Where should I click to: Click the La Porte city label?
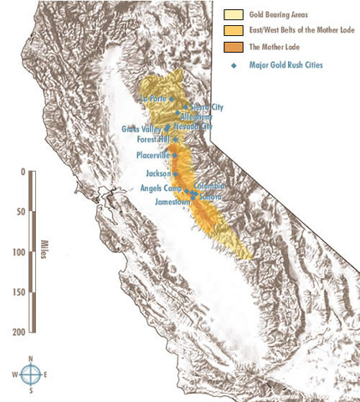pos(155,98)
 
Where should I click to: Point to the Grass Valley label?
pos(140,129)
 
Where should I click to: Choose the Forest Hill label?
pos(153,140)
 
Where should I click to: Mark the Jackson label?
pos(157,173)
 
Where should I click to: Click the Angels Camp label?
pos(161,188)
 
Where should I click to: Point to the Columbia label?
pos(210,186)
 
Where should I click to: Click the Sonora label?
pos(211,195)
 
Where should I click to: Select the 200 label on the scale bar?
pos(18,332)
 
